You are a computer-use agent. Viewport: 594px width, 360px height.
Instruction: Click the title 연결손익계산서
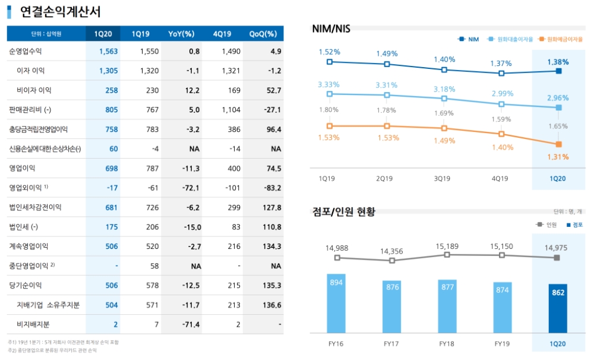click(x=60, y=11)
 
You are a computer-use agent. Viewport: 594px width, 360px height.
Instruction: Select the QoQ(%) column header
click(x=263, y=33)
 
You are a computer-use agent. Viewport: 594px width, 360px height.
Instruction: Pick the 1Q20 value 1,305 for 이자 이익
click(x=109, y=71)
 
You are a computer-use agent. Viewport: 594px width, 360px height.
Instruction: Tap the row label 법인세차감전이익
click(x=35, y=207)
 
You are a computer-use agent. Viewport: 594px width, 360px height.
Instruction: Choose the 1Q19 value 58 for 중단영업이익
click(x=154, y=266)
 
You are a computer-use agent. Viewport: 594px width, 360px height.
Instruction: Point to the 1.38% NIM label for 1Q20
click(x=558, y=62)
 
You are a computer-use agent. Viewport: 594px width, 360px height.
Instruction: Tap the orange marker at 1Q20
click(x=559, y=144)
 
